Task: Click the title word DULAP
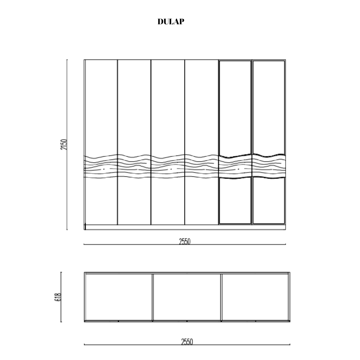[x=171, y=22]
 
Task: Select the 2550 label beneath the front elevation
[x=185, y=241]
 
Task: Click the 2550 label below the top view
[x=187, y=342]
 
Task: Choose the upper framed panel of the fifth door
[x=235, y=108]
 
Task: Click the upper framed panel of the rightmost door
[x=268, y=108]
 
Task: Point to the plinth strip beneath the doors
[x=185, y=227]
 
